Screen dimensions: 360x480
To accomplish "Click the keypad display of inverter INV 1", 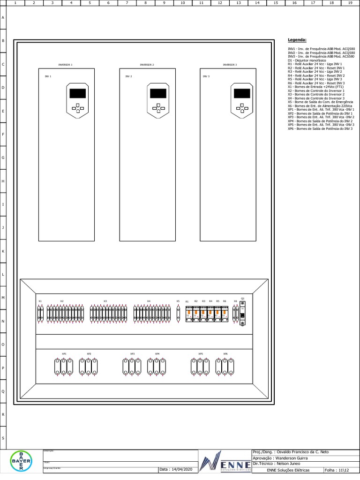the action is (77, 93).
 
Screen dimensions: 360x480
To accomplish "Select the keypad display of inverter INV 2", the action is (158, 93).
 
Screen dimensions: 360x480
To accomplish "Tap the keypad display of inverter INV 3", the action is (241, 93).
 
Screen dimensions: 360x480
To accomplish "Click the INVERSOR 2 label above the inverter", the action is (147, 65).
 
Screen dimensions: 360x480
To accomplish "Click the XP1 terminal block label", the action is (64, 354).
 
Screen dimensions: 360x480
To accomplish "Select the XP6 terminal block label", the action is (225, 354).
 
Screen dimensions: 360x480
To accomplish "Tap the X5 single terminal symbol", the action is (178, 314).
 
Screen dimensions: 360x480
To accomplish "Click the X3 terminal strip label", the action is (105, 301).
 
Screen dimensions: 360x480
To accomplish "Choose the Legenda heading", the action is (297, 40).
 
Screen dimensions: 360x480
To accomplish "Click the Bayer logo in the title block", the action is (21, 461).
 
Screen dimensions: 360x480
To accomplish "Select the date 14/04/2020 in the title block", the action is (176, 469).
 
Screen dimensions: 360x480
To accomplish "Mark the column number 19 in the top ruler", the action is (350, 3).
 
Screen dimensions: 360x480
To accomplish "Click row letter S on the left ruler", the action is (3, 438).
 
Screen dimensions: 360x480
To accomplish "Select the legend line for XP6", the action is (320, 128).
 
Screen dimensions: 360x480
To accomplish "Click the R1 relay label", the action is (187, 301).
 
